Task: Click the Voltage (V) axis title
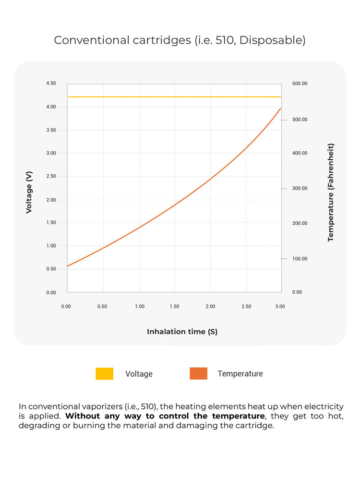[x=29, y=192]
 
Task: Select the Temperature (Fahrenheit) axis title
[x=330, y=192]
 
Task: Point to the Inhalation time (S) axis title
[x=182, y=332]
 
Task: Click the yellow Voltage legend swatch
[x=104, y=373]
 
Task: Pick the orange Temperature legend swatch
[x=198, y=373]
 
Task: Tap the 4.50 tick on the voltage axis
[x=51, y=84]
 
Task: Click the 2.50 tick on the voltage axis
[x=51, y=176]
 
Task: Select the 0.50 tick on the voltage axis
[x=51, y=269]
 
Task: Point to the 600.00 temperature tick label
[x=300, y=84]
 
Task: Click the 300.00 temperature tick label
[x=300, y=189]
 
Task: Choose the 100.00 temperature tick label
[x=300, y=259]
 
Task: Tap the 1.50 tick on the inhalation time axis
[x=175, y=306]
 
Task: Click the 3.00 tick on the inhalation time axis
[x=280, y=306]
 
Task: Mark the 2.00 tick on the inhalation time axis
[x=210, y=306]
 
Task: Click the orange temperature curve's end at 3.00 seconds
[x=280, y=108]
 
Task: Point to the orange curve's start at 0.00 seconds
[x=68, y=265]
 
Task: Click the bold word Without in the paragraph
[x=83, y=416]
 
